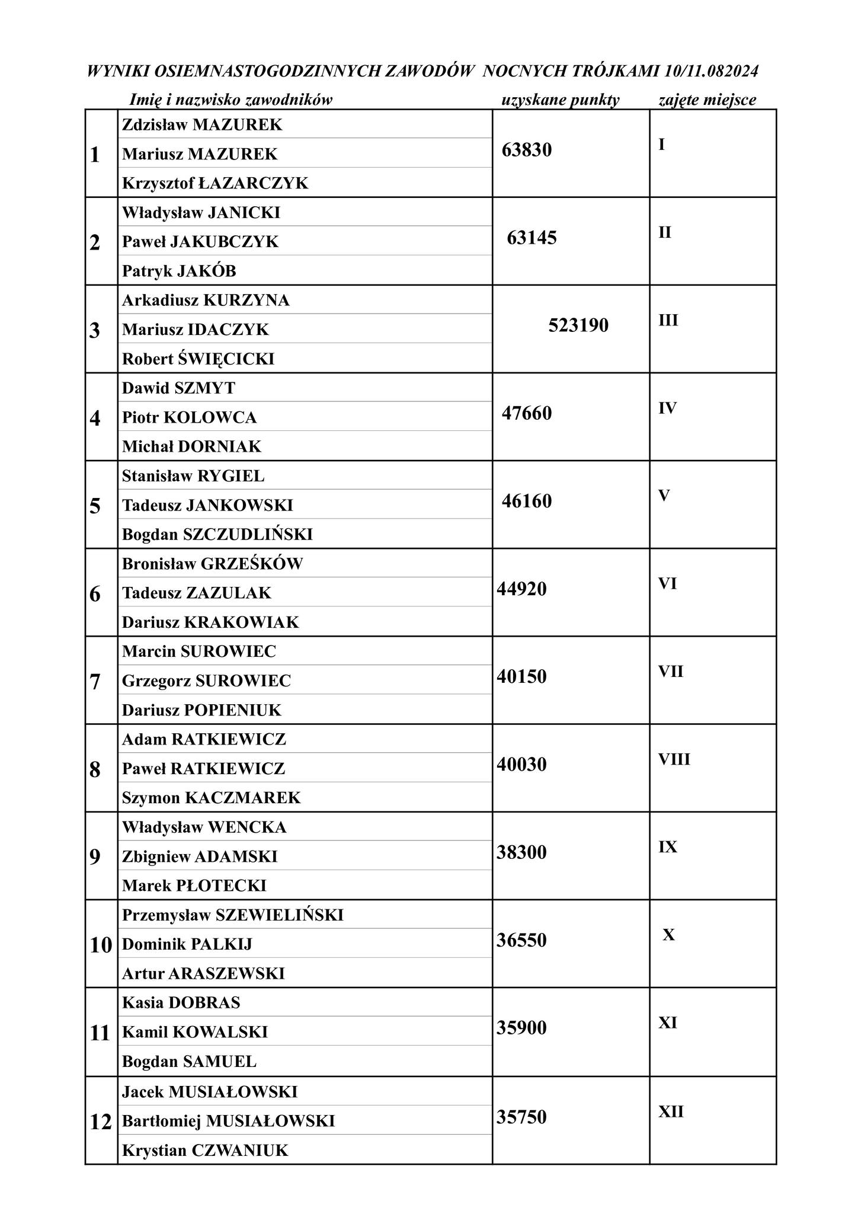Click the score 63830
(526, 150)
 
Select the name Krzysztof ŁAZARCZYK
(215, 183)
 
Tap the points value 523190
(578, 325)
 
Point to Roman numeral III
(668, 320)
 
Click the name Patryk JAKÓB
(179, 271)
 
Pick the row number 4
(95, 418)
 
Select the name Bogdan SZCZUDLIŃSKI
(217, 534)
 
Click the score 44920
(521, 589)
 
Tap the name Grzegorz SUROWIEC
(206, 681)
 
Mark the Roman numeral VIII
(674, 759)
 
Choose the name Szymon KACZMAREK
(211, 798)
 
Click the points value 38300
(521, 852)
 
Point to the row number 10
(101, 945)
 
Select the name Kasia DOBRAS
(181, 1002)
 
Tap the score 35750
(521, 1117)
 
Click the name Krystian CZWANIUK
(205, 1151)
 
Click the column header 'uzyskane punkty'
(560, 100)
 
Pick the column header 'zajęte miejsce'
(707, 100)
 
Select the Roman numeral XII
(671, 1111)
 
